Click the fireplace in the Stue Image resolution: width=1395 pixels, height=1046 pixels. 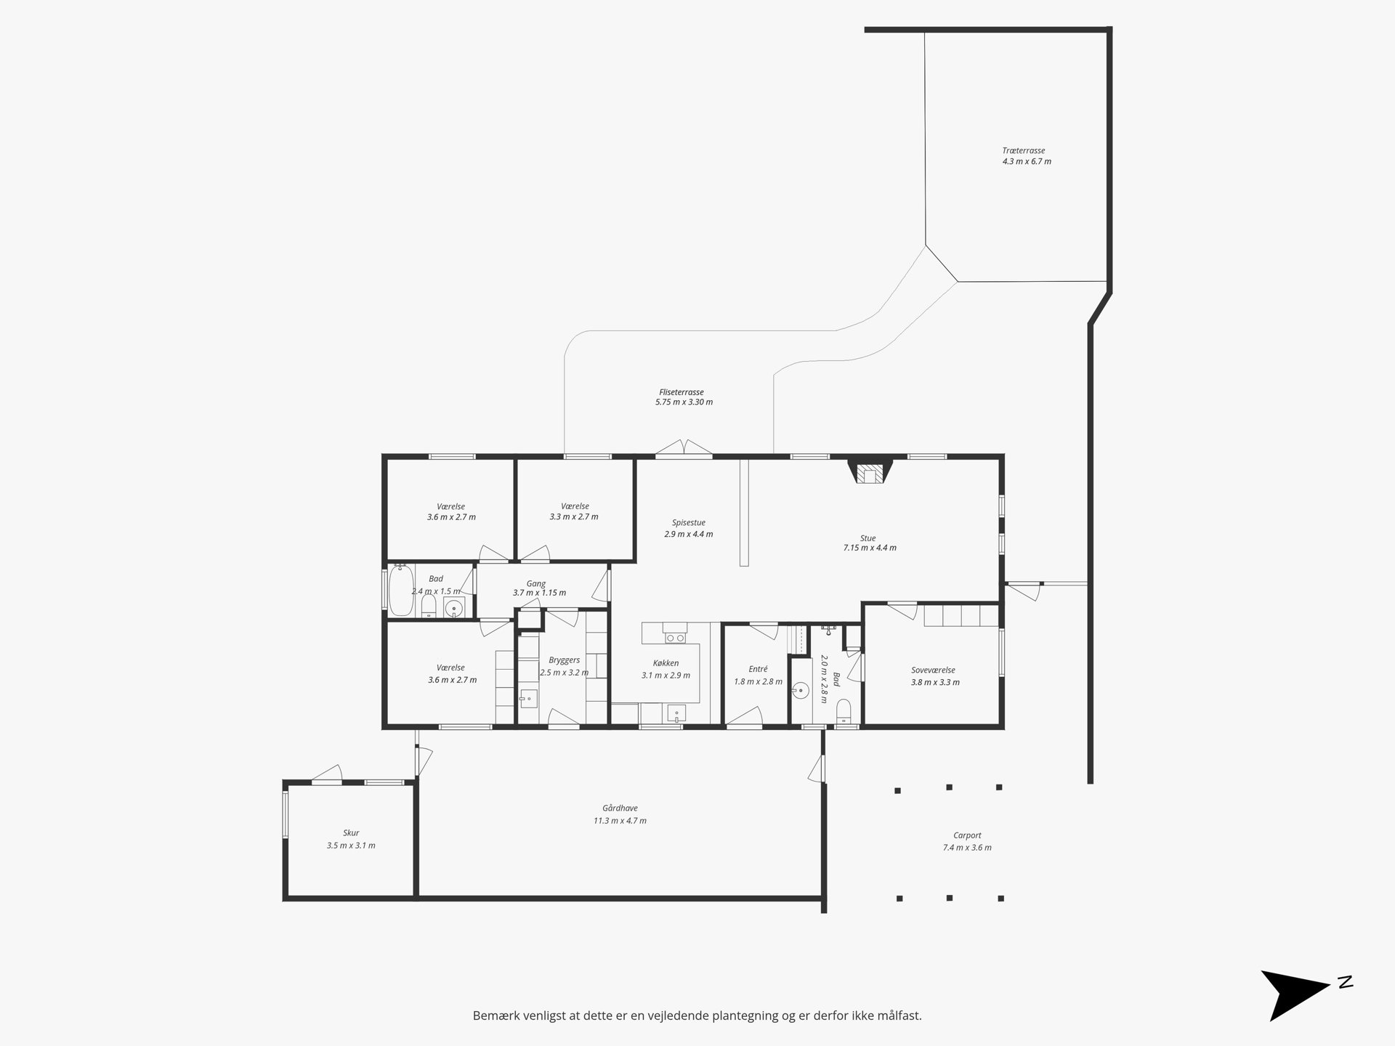[x=870, y=471]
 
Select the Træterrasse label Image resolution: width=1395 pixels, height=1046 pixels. [x=1024, y=151]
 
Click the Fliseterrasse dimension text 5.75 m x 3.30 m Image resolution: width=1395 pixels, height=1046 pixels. [x=684, y=402]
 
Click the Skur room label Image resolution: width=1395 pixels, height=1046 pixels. [x=351, y=833]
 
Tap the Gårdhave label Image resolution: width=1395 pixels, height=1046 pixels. [x=620, y=808]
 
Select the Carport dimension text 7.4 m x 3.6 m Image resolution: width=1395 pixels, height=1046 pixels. [x=967, y=848]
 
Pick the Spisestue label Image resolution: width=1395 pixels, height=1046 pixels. [x=688, y=522]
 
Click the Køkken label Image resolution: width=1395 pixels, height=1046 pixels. [x=666, y=663]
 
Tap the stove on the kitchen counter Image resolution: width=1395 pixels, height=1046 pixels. [x=675, y=637]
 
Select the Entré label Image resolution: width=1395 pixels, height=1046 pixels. [x=758, y=669]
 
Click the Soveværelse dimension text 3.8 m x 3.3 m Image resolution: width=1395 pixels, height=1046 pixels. [x=935, y=683]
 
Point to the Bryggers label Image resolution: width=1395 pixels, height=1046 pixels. [x=564, y=660]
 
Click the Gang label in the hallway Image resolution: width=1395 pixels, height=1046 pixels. [x=535, y=583]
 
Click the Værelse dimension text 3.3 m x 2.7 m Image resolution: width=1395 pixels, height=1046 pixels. [x=574, y=517]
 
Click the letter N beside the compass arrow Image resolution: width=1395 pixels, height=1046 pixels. [x=1345, y=983]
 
